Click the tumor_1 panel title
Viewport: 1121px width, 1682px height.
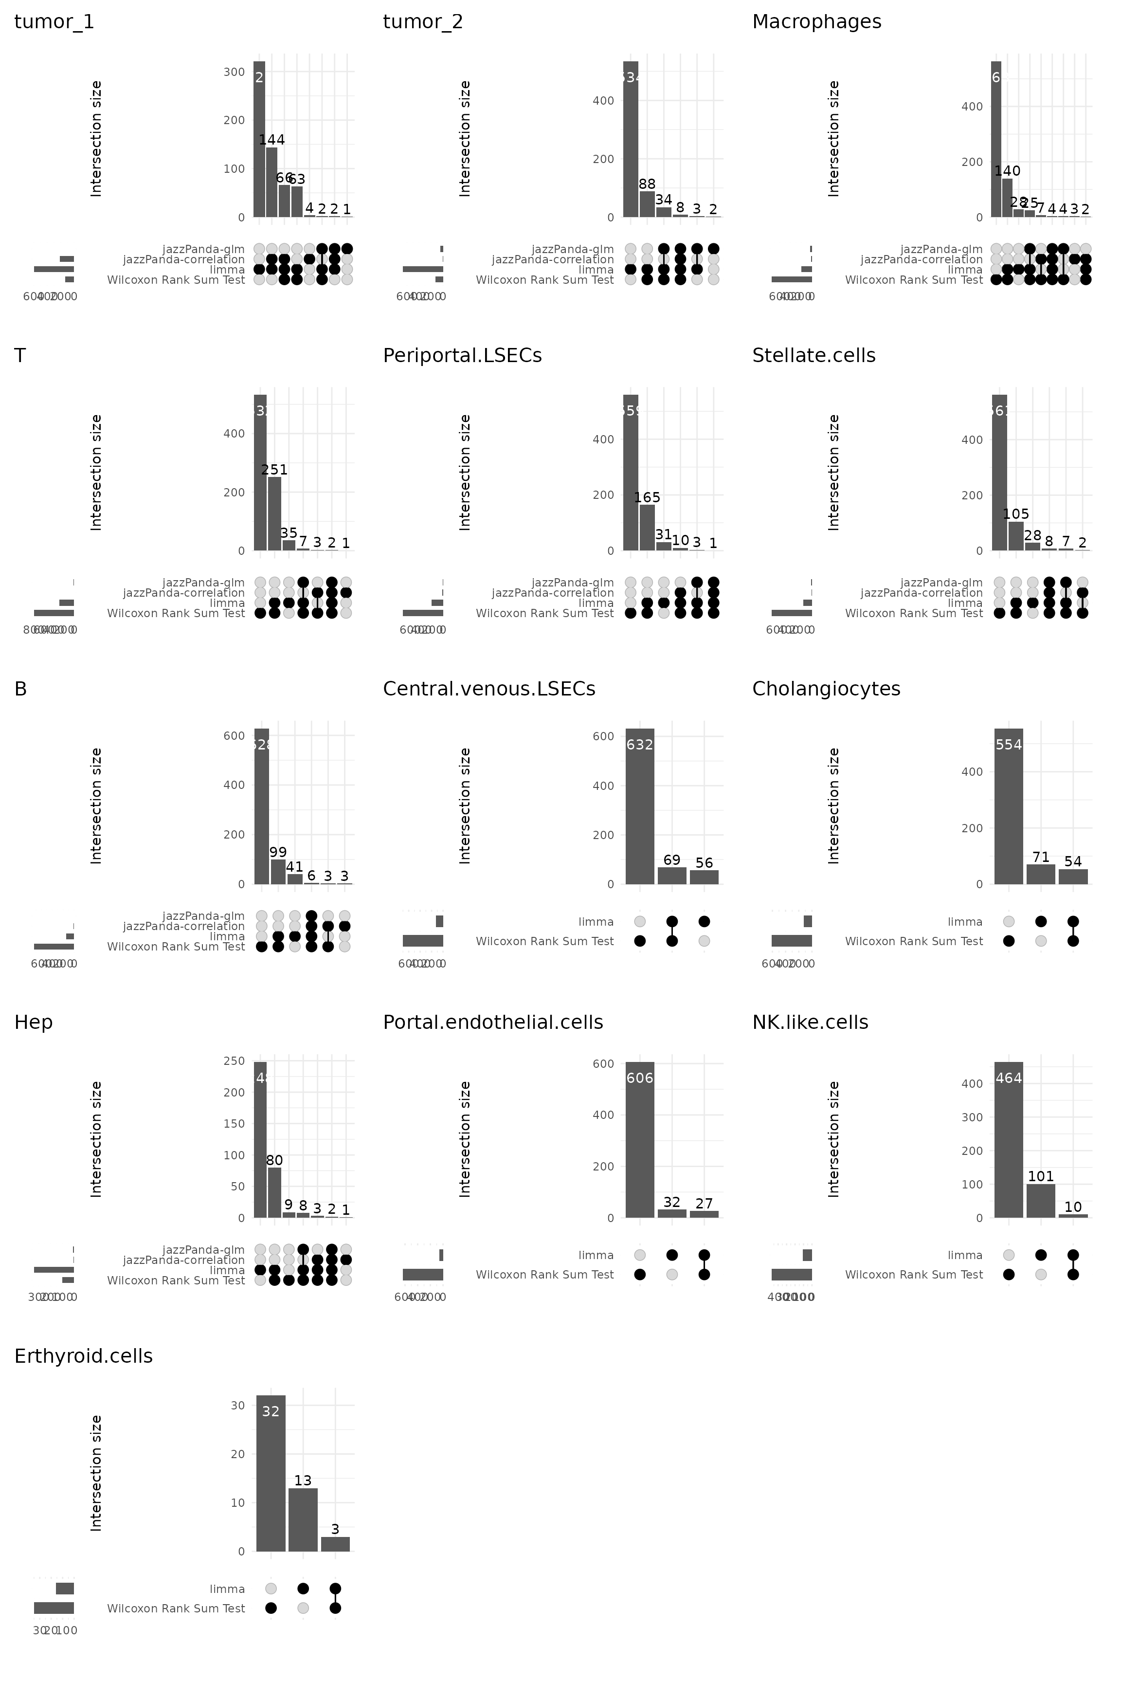54,22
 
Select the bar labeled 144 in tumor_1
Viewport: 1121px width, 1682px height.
271,183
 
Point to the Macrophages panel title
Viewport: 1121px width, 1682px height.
816,22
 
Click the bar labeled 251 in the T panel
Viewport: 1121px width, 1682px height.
274,513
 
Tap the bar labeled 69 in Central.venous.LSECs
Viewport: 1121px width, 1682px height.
672,876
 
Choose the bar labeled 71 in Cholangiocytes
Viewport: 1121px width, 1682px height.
1041,875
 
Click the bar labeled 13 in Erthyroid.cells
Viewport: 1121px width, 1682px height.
303,1519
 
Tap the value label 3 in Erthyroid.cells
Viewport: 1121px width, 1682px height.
335,1530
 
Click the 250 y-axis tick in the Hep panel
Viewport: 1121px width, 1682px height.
235,1061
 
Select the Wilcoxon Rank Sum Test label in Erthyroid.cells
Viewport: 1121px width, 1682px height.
176,1609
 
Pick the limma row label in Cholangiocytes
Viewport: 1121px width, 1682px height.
965,922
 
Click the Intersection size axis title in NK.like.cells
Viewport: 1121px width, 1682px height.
833,1139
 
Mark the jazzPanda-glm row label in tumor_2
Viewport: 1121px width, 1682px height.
573,249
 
